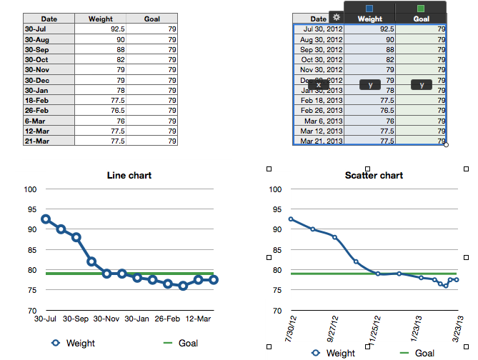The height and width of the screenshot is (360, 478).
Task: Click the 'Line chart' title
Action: (x=129, y=175)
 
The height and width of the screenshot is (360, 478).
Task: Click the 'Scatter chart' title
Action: (x=374, y=175)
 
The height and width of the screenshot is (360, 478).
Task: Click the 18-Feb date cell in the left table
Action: (x=49, y=101)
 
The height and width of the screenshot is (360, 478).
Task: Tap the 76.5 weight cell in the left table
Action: (x=100, y=111)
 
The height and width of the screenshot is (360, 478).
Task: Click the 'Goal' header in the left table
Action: (x=151, y=19)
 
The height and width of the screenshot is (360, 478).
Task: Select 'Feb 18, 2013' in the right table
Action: (x=319, y=101)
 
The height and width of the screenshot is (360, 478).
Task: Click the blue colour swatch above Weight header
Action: (x=369, y=8)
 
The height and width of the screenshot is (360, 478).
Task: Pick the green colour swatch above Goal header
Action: (x=421, y=8)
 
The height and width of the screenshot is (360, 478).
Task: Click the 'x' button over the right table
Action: (x=318, y=84)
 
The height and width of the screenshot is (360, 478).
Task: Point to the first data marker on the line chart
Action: (x=46, y=219)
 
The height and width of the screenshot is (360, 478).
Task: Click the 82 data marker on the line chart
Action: (x=91, y=261)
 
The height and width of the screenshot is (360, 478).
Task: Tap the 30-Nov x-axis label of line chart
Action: (x=106, y=319)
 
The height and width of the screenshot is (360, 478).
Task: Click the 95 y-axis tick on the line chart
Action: (x=31, y=209)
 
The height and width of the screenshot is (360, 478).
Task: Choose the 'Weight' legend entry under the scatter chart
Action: (x=334, y=353)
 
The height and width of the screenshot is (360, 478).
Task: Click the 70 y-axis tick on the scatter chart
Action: (x=274, y=311)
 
